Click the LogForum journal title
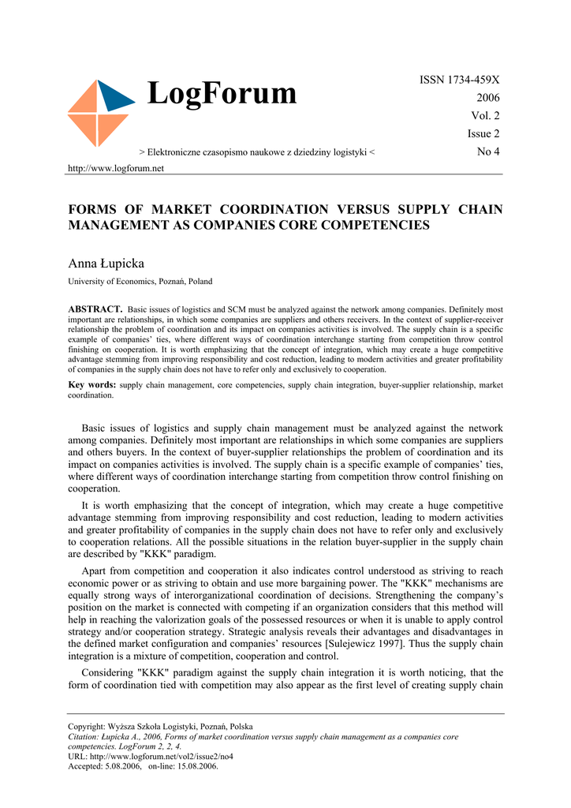coord(222,94)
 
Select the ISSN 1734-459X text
coord(459,80)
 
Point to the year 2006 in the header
coord(487,98)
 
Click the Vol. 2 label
coord(485,116)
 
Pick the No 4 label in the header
coord(488,151)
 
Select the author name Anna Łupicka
coord(106,263)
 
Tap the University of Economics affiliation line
coord(140,281)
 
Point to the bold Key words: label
coord(91,384)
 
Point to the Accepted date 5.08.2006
coord(120,765)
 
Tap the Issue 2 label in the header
coord(483,134)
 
